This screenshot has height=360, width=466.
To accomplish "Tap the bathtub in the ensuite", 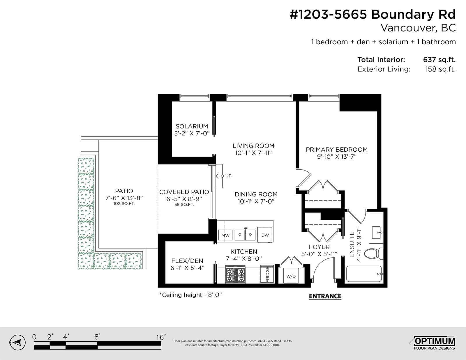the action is coord(364,274).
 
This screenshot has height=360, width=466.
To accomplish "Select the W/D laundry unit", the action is coord(291,276).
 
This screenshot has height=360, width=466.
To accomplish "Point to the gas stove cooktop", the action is coord(235,274).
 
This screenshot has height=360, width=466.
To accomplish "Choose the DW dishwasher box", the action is coord(265,235).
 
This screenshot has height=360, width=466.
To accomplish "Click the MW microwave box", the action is coord(225,235).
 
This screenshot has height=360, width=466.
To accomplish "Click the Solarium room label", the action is coord(192,130).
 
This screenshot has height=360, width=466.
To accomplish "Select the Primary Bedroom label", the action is coord(337,153).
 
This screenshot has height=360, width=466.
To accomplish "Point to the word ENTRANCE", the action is coord(325,296).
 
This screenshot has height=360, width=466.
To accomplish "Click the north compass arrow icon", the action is coord(17,343).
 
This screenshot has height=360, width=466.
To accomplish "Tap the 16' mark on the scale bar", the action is coord(161,338).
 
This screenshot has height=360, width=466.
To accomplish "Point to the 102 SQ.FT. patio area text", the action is coord(124,203).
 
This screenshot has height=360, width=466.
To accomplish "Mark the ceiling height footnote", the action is coord(191,295).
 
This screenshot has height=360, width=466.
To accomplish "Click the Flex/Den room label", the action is coord(187,264).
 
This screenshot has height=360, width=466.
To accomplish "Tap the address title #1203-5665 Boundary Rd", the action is coord(373,15).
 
